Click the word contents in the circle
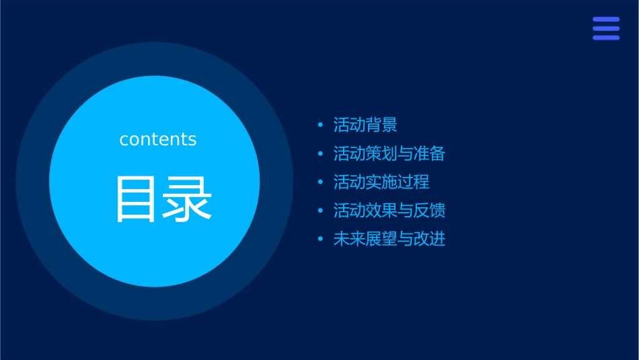(x=158, y=139)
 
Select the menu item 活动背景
(x=365, y=125)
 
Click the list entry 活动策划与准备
(x=389, y=153)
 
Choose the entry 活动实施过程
(x=381, y=182)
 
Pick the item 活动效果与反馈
(x=389, y=211)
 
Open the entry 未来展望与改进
(x=389, y=239)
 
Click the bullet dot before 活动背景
(x=321, y=125)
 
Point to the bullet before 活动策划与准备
(x=321, y=154)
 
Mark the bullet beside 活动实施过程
(x=321, y=182)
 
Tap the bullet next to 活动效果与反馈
(x=321, y=211)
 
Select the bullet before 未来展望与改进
(x=321, y=240)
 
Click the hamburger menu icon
(x=606, y=29)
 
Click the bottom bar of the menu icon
(x=606, y=38)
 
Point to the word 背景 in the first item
(x=381, y=125)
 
